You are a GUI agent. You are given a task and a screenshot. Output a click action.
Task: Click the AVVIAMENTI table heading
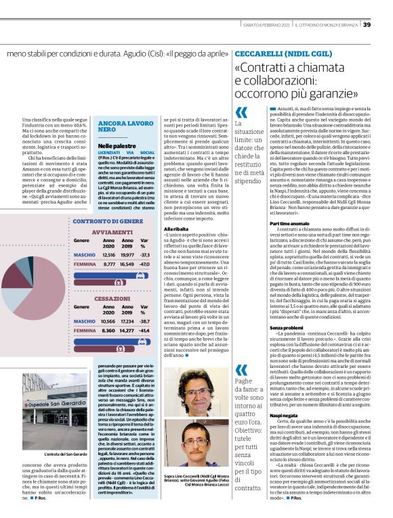coord(112,231)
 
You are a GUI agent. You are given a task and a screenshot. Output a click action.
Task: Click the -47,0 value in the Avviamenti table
coord(143,264)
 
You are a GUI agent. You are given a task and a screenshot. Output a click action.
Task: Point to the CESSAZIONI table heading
coord(112,297)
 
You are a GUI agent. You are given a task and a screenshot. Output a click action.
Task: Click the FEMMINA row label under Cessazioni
coord(85,331)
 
